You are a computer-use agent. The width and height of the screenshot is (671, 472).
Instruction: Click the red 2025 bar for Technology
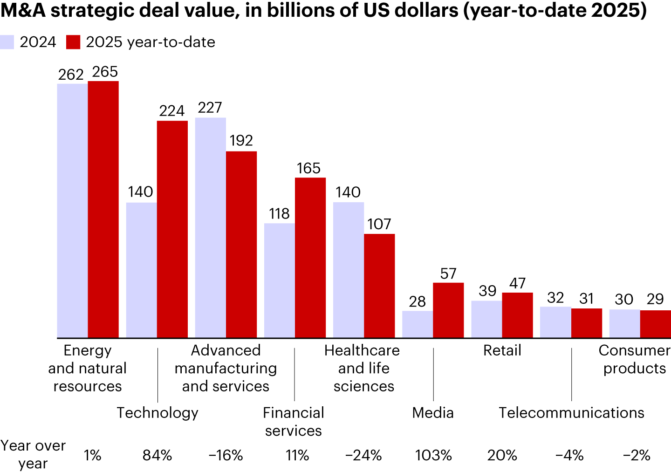tap(172, 229)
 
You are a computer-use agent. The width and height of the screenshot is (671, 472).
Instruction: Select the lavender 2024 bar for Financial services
tap(280, 280)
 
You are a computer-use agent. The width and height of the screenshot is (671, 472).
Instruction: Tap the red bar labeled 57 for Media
tap(448, 310)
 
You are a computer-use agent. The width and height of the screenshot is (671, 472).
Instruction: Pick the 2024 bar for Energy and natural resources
tap(72, 211)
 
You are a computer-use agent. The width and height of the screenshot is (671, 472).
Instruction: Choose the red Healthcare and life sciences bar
tap(379, 286)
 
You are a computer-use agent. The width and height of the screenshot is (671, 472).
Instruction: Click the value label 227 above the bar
tap(210, 108)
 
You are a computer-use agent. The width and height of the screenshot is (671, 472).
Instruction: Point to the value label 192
tap(241, 141)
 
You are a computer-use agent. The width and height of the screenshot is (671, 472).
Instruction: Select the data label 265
tap(105, 72)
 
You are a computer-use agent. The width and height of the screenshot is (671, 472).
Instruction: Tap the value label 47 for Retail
tap(517, 283)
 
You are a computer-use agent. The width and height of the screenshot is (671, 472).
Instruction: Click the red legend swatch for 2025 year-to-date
tap(74, 42)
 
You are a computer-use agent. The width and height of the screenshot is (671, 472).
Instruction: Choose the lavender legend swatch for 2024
tap(7, 42)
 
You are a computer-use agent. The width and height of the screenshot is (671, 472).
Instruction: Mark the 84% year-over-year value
tap(157, 455)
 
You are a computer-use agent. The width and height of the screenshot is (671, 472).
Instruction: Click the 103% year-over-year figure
tap(433, 455)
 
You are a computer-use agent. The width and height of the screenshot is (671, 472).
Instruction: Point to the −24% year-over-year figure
tap(363, 455)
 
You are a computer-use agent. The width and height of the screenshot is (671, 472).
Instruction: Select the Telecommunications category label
tap(571, 413)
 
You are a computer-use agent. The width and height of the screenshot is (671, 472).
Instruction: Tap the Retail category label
tap(502, 350)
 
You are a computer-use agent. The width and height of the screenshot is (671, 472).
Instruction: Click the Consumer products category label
tap(634, 359)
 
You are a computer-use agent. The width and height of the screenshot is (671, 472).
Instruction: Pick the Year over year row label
tap(33, 454)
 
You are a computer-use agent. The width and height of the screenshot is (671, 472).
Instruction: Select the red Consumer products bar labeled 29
tap(655, 324)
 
